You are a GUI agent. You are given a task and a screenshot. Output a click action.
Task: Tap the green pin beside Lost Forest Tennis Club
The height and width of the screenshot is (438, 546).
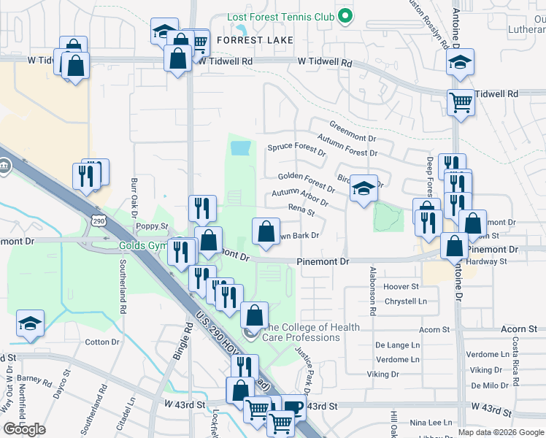[347, 15]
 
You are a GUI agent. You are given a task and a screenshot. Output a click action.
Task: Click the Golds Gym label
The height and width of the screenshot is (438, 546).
[144, 245]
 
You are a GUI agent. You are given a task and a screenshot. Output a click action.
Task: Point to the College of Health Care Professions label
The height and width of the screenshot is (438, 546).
[305, 332]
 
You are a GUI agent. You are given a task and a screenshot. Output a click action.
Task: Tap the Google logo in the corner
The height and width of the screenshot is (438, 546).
[24, 429]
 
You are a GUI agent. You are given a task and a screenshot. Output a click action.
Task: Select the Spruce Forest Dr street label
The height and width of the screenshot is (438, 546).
[296, 150]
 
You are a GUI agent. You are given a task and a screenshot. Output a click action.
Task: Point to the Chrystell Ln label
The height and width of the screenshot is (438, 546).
[406, 301]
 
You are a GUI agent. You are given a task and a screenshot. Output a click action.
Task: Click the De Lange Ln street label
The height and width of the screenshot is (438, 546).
[398, 345]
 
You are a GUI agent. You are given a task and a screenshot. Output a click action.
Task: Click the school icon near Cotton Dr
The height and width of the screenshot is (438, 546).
[30, 325]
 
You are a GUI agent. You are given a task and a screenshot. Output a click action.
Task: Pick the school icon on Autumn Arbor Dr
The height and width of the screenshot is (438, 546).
[363, 189]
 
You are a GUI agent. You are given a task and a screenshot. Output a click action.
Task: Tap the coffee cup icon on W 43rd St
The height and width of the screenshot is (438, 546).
[293, 407]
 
